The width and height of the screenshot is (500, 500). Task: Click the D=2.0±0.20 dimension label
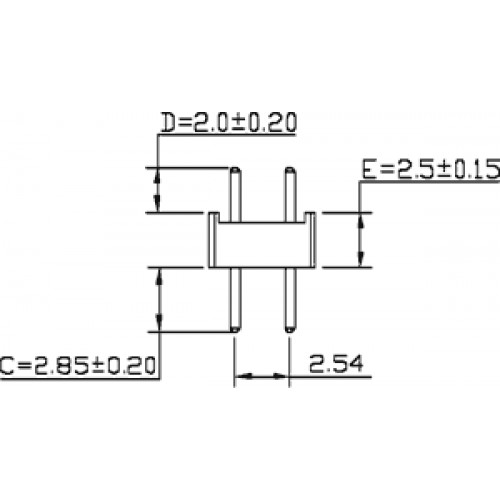[229, 122]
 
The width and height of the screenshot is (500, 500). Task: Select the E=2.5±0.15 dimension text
[431, 169]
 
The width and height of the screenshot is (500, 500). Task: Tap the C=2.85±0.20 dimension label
[78, 365]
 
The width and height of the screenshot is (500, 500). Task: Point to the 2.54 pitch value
[336, 364]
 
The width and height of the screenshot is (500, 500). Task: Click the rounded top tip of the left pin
[235, 170]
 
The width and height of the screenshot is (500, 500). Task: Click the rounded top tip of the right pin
[290, 170]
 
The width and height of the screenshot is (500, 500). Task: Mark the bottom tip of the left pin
[235, 330]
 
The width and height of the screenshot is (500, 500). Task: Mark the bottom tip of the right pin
[290, 330]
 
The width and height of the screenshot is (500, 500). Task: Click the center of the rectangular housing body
[262, 245]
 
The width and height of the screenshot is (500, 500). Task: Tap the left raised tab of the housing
[214, 217]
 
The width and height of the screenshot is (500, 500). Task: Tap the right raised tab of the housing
[310, 217]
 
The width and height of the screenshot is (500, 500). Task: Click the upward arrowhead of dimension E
[360, 220]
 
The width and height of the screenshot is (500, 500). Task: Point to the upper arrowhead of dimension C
[160, 276]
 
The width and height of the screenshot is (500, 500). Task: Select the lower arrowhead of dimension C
[160, 324]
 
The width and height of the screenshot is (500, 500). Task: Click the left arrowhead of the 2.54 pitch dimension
[243, 376]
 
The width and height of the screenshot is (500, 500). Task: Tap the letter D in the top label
[169, 123]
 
